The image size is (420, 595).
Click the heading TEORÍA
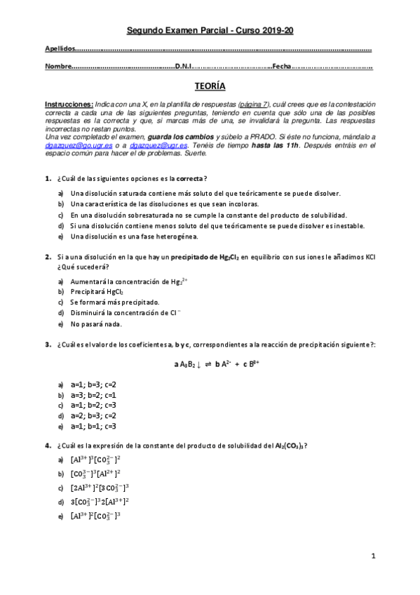210,86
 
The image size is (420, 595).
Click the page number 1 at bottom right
374,556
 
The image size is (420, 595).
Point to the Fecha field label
281,67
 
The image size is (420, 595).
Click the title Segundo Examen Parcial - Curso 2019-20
210,31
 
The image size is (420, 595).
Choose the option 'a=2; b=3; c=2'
93,416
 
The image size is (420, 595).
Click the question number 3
47,344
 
